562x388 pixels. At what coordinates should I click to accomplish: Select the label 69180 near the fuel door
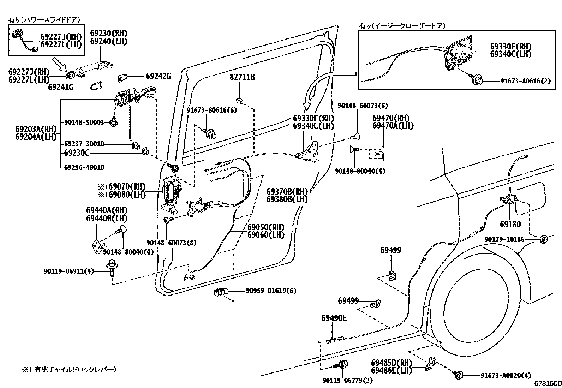click(x=510, y=224)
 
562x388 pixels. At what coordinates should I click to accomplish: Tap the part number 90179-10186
click(x=504, y=239)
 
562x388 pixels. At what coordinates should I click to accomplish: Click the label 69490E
click(x=334, y=318)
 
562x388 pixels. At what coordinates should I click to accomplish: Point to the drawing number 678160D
click(x=547, y=383)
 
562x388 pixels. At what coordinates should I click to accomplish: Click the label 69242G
click(x=158, y=76)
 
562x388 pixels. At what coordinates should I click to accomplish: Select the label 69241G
click(x=61, y=87)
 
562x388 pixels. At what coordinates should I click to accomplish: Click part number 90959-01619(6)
click(x=271, y=291)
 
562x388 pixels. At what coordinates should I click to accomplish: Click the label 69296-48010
click(x=84, y=167)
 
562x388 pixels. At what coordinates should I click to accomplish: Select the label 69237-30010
click(x=84, y=144)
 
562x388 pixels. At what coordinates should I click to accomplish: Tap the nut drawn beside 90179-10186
click(x=543, y=239)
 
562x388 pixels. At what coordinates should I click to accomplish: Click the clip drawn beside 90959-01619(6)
click(x=221, y=292)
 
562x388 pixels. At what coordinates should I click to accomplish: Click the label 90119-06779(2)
click(x=347, y=380)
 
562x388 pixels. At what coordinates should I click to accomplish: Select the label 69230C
click(x=77, y=153)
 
